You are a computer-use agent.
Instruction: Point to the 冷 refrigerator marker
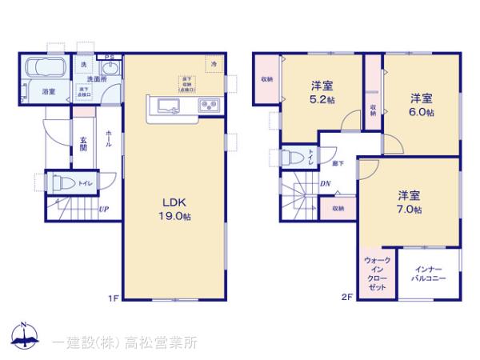click(x=214, y=63)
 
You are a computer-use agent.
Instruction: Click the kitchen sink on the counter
click(x=168, y=106)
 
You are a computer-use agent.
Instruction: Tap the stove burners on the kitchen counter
click(x=210, y=106)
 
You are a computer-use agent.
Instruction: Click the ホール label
click(x=109, y=140)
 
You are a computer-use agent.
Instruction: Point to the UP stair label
click(x=103, y=210)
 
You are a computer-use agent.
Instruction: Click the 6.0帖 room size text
click(x=422, y=113)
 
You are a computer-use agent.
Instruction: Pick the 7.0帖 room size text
click(x=409, y=210)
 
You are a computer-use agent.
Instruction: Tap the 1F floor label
click(x=113, y=298)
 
